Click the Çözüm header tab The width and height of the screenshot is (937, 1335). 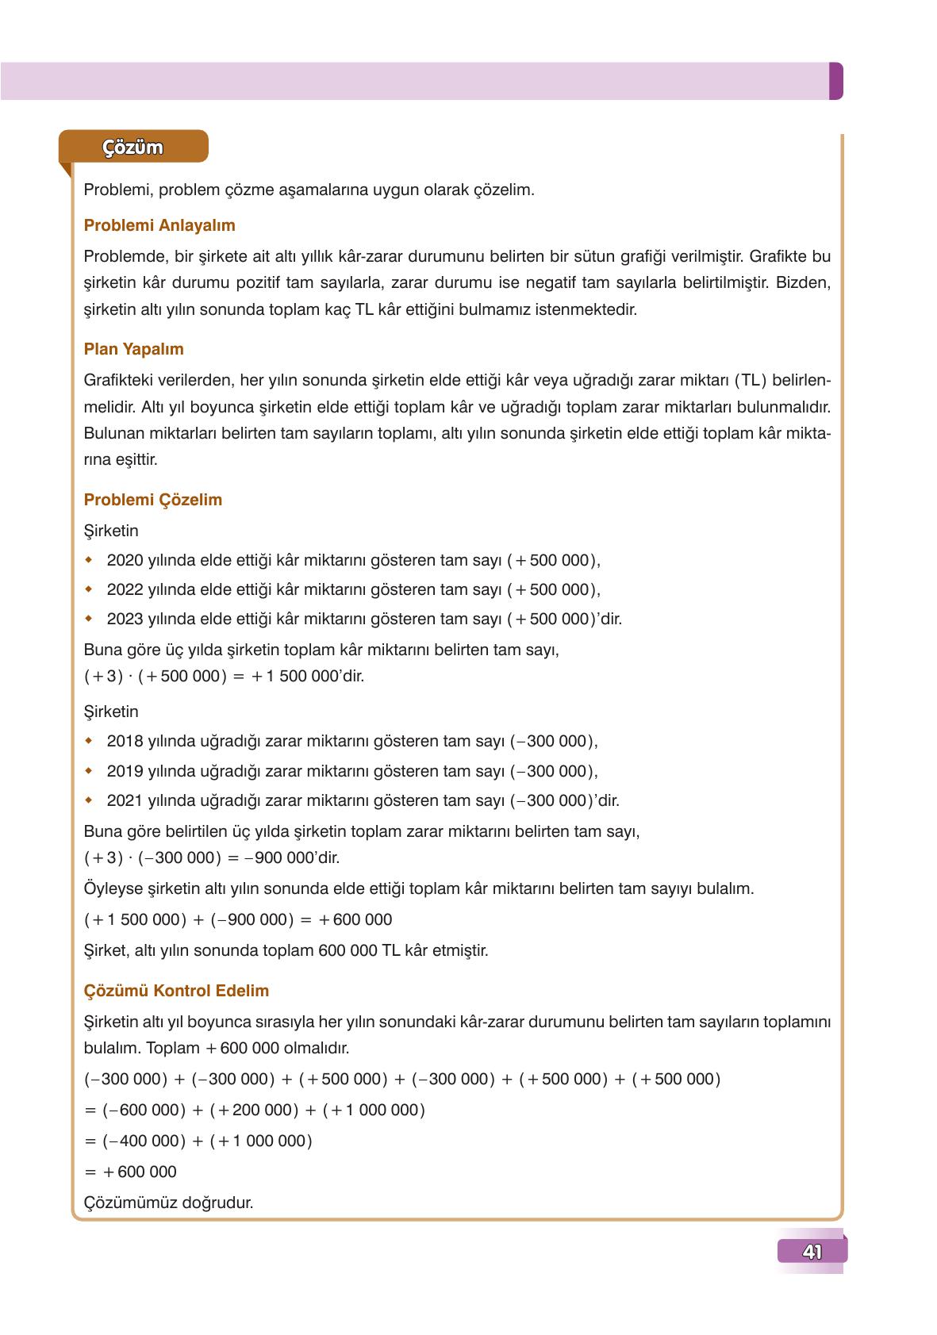pos(132,148)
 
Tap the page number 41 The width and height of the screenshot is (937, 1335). pos(812,1252)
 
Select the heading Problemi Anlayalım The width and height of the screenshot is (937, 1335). pos(159,225)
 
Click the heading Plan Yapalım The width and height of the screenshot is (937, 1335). pos(133,349)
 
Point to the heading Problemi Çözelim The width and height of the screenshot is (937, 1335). pos(152,500)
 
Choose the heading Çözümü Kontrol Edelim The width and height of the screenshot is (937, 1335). pos(176,991)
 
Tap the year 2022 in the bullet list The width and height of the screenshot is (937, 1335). pos(124,589)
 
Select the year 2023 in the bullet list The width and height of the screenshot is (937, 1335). pos(124,619)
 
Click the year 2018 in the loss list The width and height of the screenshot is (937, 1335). pos(124,741)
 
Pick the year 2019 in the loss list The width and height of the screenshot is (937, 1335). pos(124,771)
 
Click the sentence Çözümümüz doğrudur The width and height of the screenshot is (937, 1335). pos(168,1203)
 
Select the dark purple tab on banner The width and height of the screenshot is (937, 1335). pos(835,81)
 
